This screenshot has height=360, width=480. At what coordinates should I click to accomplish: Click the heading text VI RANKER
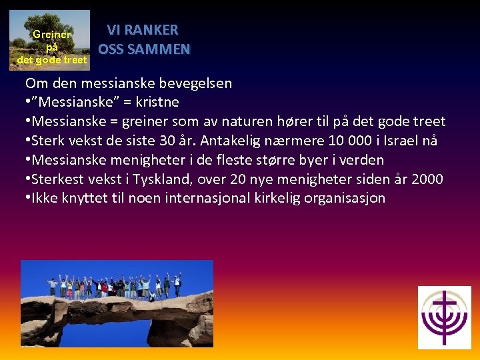(143, 30)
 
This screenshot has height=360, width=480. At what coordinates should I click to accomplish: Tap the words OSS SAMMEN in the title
(144, 49)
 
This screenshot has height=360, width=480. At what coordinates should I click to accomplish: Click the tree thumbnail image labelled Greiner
(51, 40)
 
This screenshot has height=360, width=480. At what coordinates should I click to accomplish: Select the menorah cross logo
(444, 317)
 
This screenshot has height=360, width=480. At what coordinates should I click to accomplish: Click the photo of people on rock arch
(117, 303)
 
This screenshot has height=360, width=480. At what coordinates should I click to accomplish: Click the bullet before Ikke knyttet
(28, 199)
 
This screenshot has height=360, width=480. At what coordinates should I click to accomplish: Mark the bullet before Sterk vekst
(28, 141)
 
